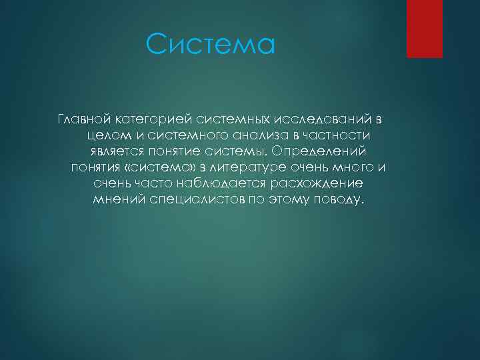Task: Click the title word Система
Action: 211,45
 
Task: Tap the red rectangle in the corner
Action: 425,28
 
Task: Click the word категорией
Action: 155,119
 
